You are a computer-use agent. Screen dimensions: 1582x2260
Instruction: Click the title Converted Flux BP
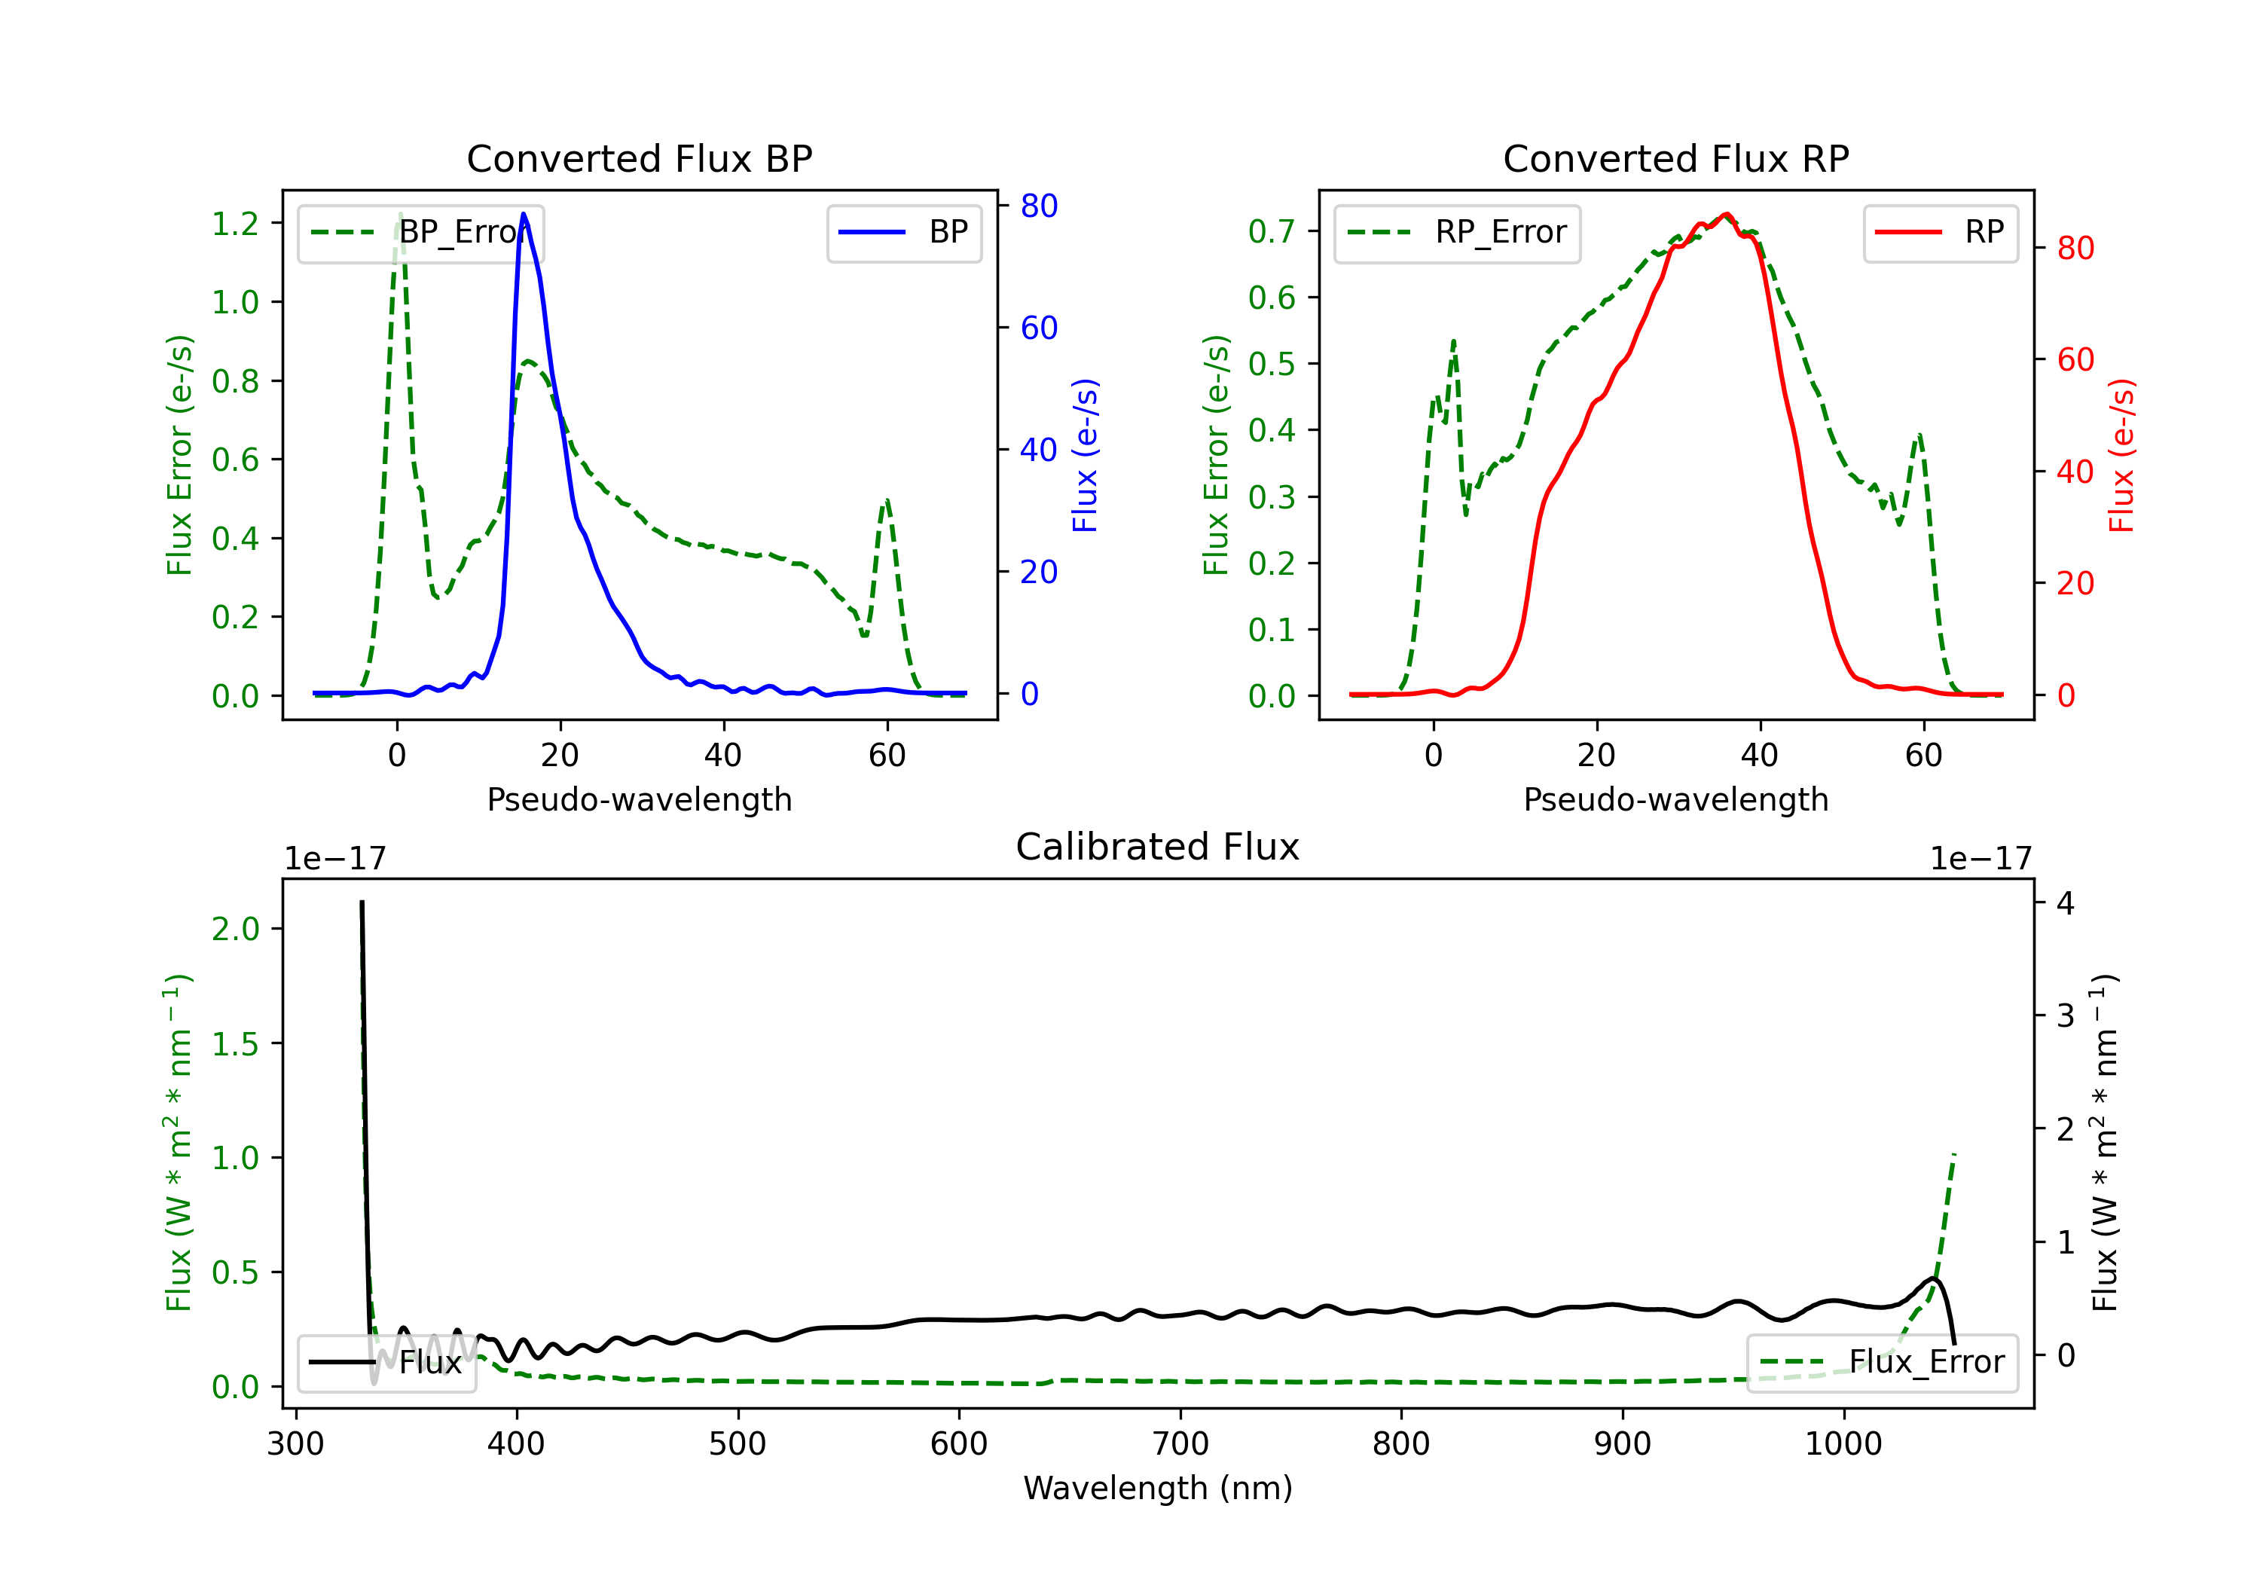point(639,158)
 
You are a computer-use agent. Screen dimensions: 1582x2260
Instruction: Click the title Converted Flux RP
point(1675,158)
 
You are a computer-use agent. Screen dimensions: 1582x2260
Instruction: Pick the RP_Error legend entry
point(1457,232)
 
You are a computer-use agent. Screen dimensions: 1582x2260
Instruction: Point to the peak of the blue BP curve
point(524,214)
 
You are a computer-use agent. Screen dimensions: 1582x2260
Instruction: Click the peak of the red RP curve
point(1726,215)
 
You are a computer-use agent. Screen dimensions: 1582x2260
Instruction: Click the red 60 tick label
point(2075,359)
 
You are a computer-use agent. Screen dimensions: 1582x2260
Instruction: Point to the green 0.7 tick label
point(1272,231)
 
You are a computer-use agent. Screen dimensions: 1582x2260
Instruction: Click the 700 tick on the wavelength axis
point(1180,1444)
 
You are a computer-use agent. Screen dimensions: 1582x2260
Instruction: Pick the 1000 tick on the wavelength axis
point(1843,1444)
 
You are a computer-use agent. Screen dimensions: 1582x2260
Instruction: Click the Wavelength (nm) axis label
point(1158,1488)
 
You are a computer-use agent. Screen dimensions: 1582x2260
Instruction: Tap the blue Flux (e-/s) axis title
point(1085,455)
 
